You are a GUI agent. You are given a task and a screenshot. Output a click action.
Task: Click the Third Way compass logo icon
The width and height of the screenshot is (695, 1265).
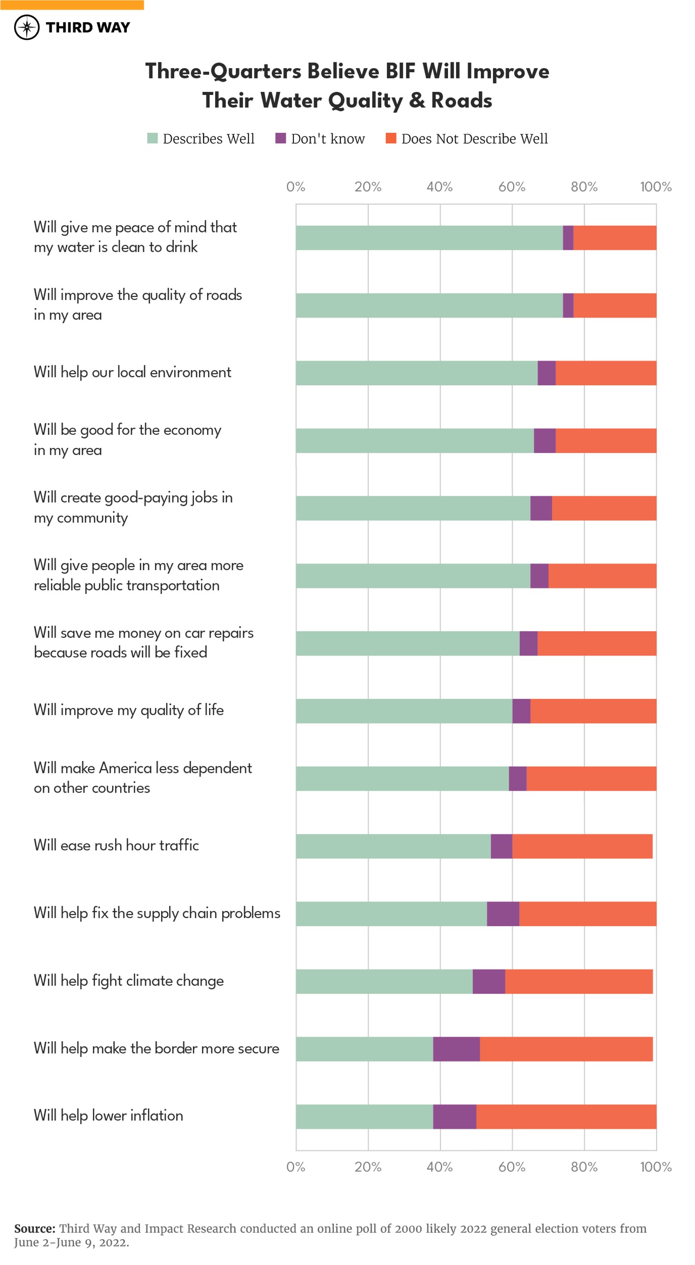click(x=26, y=28)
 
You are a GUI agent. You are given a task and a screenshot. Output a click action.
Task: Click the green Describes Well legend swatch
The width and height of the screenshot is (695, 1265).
click(x=152, y=139)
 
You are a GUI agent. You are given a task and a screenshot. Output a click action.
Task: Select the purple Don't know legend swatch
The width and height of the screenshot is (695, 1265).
click(x=280, y=139)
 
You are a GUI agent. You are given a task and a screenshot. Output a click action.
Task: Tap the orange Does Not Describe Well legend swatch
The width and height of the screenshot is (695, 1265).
click(x=391, y=139)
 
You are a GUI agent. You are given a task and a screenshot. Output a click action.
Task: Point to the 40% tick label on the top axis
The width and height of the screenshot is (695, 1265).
click(x=440, y=187)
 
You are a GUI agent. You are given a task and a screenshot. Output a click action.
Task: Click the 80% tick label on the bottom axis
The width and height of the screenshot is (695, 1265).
click(x=584, y=1167)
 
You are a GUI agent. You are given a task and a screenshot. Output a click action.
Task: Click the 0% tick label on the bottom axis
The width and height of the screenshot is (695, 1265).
click(x=296, y=1167)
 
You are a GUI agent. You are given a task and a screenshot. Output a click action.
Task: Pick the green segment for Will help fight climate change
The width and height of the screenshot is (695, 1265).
click(x=384, y=982)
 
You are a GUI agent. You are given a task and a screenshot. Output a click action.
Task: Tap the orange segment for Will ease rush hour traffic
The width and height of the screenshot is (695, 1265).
click(x=582, y=846)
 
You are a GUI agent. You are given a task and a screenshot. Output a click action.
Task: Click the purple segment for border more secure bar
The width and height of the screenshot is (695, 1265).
click(x=456, y=1049)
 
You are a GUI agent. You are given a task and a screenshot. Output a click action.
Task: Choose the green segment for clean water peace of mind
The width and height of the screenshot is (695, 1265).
click(x=429, y=238)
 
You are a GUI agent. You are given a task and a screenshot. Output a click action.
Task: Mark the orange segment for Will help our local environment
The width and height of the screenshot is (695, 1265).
click(x=606, y=373)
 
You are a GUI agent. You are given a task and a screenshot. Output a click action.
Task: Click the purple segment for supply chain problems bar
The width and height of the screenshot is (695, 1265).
click(x=503, y=914)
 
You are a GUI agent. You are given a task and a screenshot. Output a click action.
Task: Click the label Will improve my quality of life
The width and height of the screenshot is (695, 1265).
click(x=129, y=710)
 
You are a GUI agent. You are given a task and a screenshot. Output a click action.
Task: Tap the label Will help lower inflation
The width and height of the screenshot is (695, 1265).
click(x=108, y=1116)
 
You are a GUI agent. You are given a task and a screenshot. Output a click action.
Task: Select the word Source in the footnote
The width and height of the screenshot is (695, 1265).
click(x=34, y=1229)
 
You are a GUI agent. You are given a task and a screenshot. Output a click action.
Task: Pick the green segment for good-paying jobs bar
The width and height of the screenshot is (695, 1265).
click(x=413, y=508)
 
